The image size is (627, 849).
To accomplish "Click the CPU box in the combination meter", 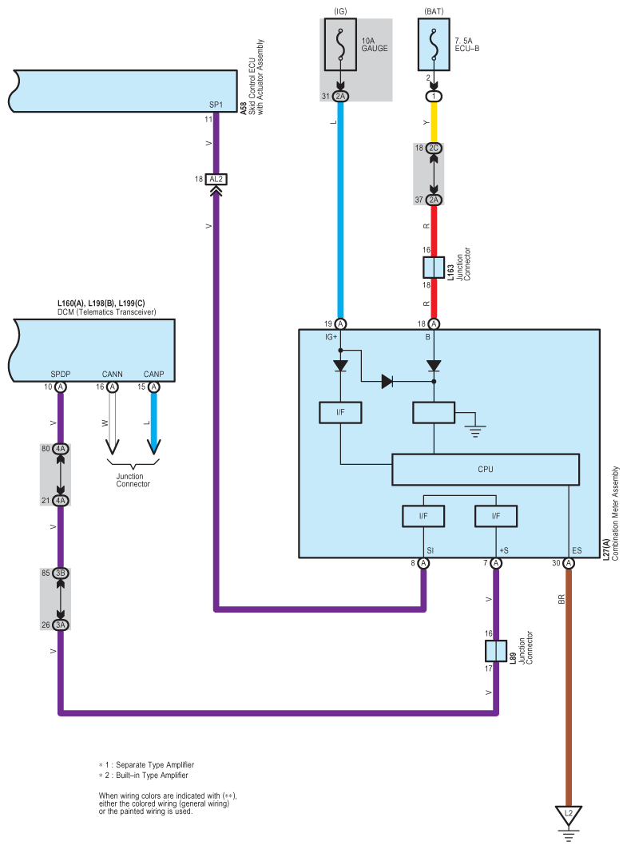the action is click(x=485, y=469).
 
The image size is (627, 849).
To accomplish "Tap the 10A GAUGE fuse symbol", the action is click(x=340, y=45).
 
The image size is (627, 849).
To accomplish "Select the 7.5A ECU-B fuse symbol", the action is click(x=433, y=45).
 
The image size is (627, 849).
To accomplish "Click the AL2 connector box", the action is click(x=216, y=179).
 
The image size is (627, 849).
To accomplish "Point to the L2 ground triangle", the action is click(x=569, y=815).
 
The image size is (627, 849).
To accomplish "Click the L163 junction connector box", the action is click(x=433, y=268).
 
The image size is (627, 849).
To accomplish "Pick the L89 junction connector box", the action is click(x=495, y=651).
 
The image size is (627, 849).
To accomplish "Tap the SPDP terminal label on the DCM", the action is click(x=60, y=374).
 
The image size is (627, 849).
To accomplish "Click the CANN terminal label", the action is click(x=112, y=374).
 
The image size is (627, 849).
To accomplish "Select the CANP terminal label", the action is click(x=154, y=374).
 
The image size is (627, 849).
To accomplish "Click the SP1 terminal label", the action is click(x=216, y=105).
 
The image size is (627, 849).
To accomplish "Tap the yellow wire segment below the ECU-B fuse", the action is click(x=433, y=122).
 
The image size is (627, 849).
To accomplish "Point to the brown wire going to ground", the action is click(x=569, y=688).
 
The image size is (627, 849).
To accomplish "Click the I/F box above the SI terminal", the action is click(x=423, y=516).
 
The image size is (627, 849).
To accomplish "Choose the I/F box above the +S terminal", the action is click(x=496, y=516).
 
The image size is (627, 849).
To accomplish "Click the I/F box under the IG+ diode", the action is click(x=340, y=413).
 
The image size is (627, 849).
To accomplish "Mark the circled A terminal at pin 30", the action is click(x=568, y=563).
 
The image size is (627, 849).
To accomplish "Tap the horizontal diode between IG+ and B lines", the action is click(x=387, y=381).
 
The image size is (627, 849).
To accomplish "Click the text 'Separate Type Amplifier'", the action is click(x=155, y=764).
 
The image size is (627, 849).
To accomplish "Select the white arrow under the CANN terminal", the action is click(x=112, y=423).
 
